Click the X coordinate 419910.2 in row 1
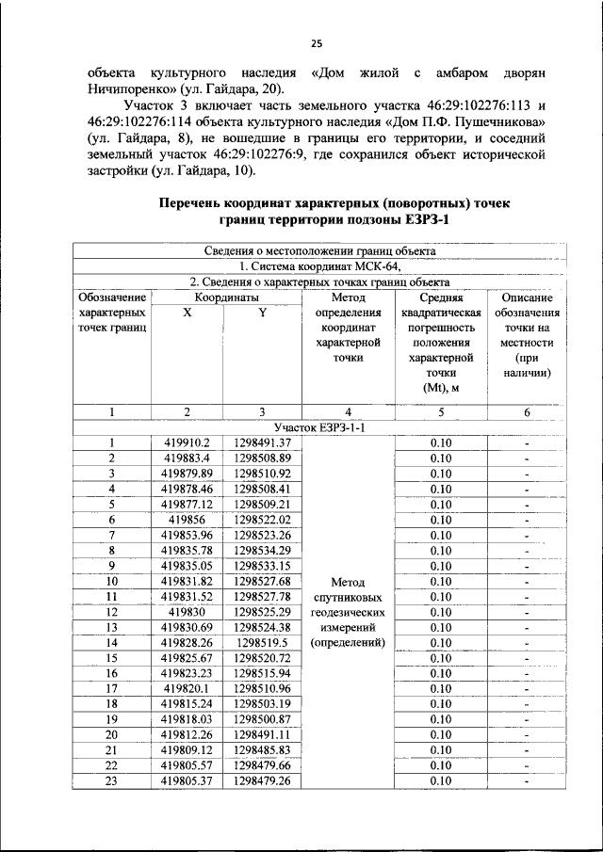(187, 442)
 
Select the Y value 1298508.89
(262, 458)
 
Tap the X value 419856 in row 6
(187, 519)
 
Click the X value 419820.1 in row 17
(187, 688)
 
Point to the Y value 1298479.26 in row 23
(262, 780)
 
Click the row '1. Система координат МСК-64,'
(319, 266)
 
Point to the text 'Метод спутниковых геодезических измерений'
(348, 612)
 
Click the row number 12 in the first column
(111, 611)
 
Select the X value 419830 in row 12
(187, 611)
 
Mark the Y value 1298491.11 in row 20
(262, 734)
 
